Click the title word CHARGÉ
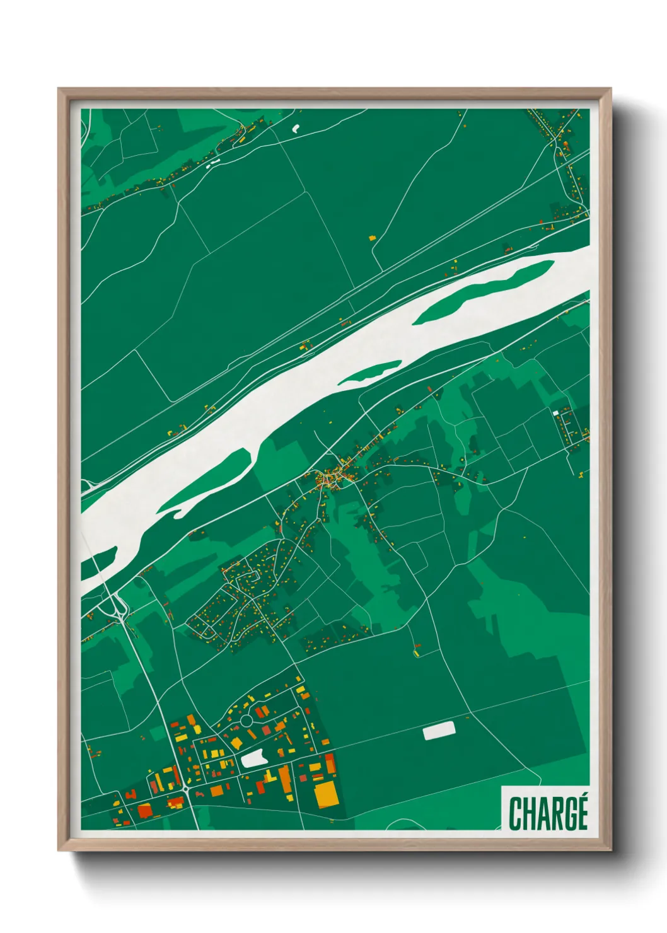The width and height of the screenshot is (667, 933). coord(548,813)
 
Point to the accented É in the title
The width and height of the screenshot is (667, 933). coord(581,811)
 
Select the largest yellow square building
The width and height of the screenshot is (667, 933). coord(326,794)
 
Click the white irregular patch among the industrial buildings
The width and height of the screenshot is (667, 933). coord(253,758)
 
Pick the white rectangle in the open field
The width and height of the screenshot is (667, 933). coord(439,731)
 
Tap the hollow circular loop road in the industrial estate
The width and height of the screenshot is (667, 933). coord(246,720)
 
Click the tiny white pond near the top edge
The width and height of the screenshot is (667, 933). coord(295,129)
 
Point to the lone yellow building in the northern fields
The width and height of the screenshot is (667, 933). coord(372,238)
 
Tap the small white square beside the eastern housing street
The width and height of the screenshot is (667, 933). coord(555,413)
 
